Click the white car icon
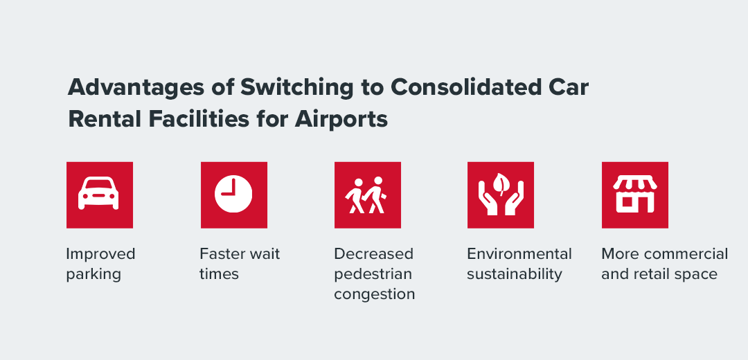click(99, 195)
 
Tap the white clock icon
click(233, 195)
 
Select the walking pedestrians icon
click(367, 195)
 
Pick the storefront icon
click(634, 195)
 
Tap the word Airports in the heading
click(341, 119)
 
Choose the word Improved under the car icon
click(100, 254)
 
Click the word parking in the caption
click(93, 274)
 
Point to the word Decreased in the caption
click(373, 254)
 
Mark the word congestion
click(374, 294)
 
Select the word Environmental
click(519, 254)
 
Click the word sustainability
click(514, 274)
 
